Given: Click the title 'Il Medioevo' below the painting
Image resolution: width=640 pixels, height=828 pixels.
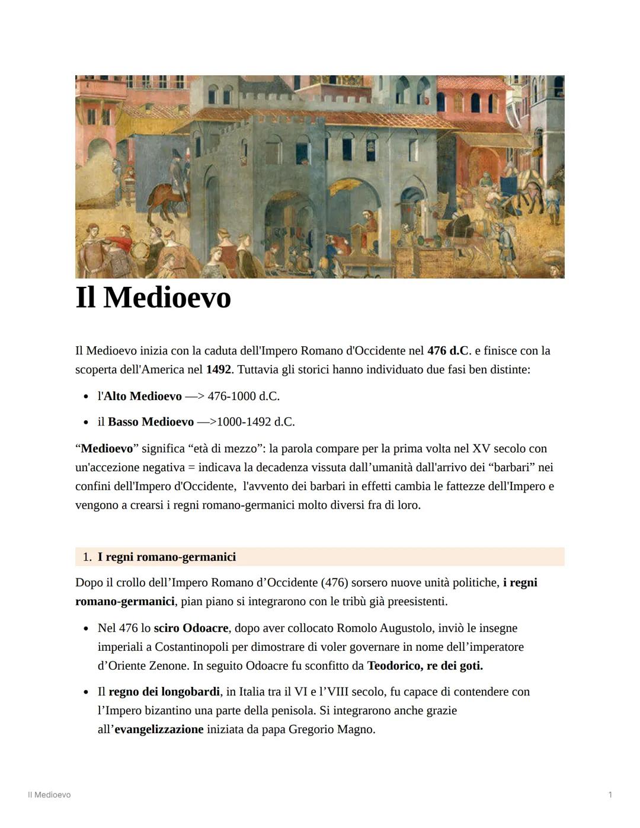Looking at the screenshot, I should [x=153, y=298].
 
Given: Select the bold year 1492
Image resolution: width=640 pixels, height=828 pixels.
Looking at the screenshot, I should [x=218, y=370].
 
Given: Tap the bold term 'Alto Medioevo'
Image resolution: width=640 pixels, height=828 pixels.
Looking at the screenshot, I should [x=142, y=396].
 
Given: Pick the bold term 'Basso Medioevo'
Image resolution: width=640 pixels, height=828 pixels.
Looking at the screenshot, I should [x=151, y=422].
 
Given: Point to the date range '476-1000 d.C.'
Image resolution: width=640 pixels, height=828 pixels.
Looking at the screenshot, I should [x=244, y=396].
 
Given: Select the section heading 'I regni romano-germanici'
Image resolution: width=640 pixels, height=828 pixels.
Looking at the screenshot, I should [x=167, y=557].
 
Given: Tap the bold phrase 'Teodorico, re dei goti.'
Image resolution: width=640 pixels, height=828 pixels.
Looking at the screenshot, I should [x=425, y=666].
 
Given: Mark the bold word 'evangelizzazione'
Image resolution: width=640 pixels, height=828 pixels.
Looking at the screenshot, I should [x=158, y=730].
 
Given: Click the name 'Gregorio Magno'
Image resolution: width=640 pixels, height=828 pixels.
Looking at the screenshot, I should [x=331, y=730].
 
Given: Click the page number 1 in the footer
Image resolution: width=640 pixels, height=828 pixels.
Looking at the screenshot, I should [x=610, y=795].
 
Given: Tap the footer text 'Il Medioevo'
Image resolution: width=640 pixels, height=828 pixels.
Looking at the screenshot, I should [x=49, y=795].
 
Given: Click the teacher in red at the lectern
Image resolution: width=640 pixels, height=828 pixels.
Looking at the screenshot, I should [x=369, y=222].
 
